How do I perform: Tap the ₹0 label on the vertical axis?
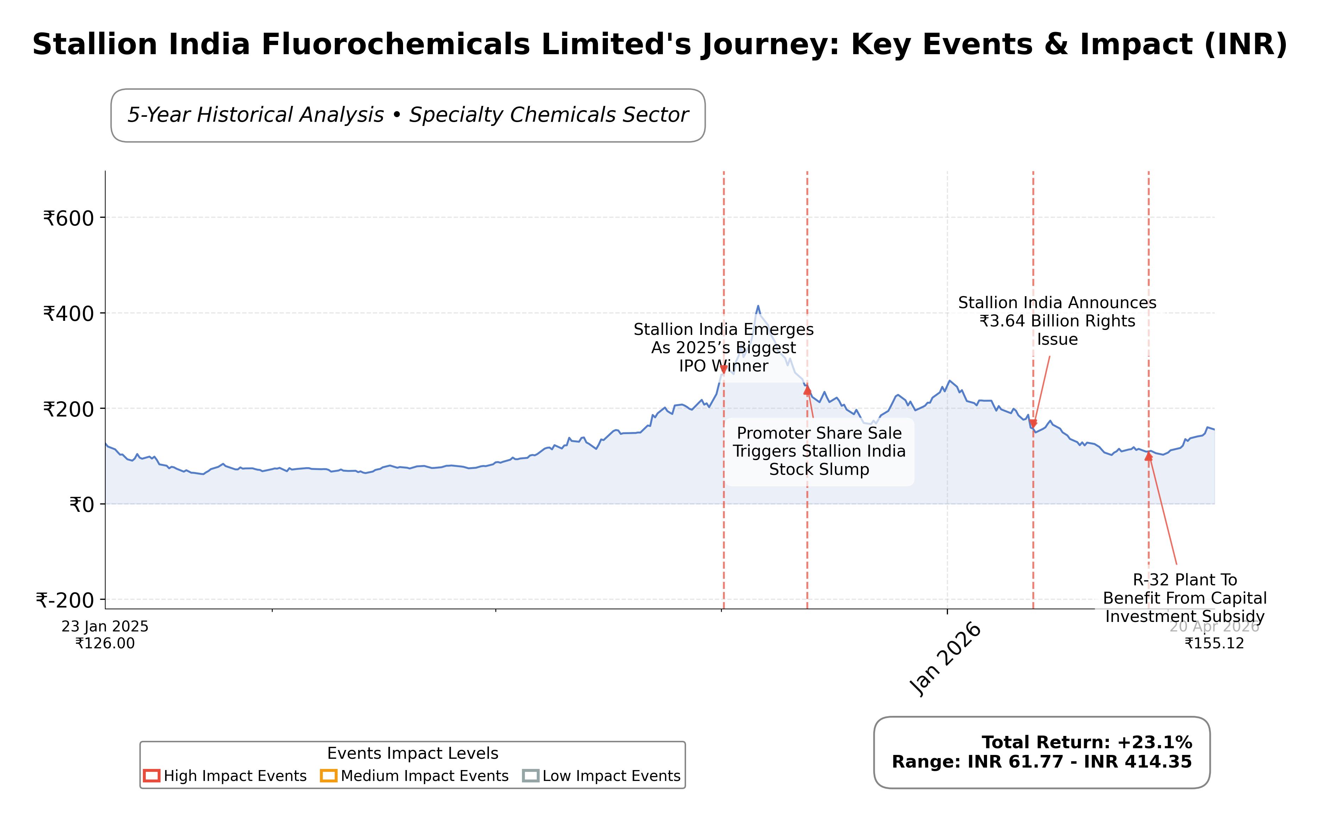coord(81,505)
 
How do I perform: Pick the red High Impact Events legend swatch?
coord(151,776)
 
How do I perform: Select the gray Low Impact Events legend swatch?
coord(530,776)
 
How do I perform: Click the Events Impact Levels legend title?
coord(412,753)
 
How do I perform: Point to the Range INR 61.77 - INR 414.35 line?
coord(1042,762)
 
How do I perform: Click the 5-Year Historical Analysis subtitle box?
coord(408,115)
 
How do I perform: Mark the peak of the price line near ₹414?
coord(758,306)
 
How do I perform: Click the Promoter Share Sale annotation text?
coord(819,451)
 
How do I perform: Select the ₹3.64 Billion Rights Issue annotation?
coord(1057,321)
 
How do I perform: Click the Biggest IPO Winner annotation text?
coord(723,348)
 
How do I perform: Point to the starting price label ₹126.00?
coord(105,644)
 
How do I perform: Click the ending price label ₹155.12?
coord(1214,644)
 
